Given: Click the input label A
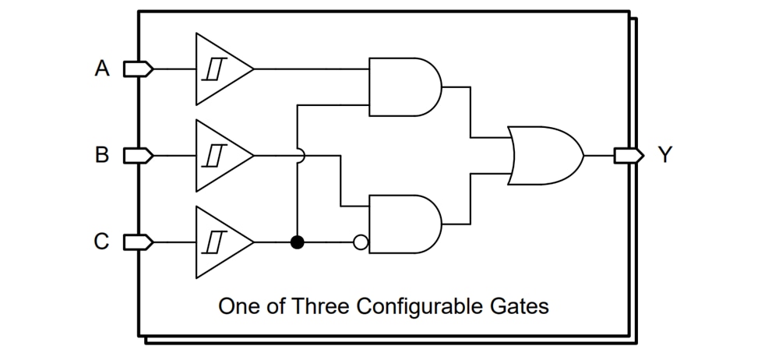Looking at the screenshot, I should [x=102, y=69].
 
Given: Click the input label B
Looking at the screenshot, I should [x=102, y=155].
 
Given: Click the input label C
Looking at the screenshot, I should [x=102, y=242].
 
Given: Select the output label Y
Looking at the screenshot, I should [x=665, y=156].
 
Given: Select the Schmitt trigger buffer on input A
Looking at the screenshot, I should [x=220, y=69].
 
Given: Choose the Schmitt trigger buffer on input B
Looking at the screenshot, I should [x=220, y=155].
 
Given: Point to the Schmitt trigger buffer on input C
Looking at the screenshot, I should [x=220, y=242].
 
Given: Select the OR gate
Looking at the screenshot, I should [x=544, y=156].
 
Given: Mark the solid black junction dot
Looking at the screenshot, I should [x=297, y=242].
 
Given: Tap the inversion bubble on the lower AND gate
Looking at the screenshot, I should [x=360, y=242].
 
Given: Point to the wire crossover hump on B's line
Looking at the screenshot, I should [x=298, y=155].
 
